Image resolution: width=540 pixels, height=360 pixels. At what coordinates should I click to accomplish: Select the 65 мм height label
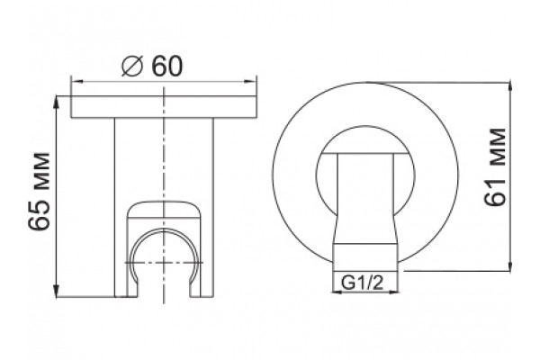(x=39, y=191)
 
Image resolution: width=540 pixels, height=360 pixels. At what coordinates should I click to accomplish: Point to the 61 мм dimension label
(x=495, y=166)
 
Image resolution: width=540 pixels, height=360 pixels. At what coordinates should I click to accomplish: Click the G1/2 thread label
(x=362, y=283)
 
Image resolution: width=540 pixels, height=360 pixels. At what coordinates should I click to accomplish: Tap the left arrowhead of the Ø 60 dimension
(x=77, y=82)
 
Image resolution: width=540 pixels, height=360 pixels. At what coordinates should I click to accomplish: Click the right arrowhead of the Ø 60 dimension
(x=250, y=82)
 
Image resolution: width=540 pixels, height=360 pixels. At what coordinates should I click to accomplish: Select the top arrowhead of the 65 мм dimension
(x=57, y=103)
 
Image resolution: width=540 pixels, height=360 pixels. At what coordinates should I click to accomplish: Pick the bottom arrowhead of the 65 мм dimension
(x=57, y=290)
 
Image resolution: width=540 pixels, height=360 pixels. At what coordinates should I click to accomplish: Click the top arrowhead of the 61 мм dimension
(x=510, y=89)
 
